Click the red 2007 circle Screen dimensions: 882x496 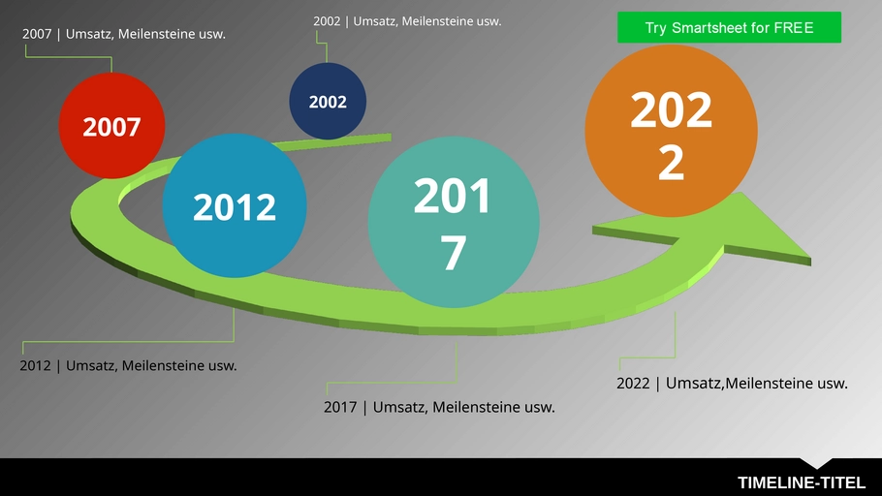pos(111,125)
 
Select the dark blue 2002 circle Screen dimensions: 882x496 pos(328,101)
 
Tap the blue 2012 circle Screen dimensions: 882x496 pos(234,205)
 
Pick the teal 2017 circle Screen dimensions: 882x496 pos(454,222)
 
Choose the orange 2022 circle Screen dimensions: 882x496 pos(671,131)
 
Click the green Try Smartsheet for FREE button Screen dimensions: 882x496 pos(729,27)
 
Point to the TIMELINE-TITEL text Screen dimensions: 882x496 pos(802,482)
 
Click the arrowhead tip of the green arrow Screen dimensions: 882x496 pos(810,260)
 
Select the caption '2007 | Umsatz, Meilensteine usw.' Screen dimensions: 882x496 pos(124,34)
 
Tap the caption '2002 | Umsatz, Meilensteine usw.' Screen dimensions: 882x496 pos(407,21)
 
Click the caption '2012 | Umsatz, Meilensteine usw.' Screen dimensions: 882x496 pos(128,365)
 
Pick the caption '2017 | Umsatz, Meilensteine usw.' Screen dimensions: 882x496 pos(439,407)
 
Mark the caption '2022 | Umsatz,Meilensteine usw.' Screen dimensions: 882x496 pos(732,383)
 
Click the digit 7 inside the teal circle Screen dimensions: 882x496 pos(453,253)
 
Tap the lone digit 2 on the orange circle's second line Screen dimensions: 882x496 pos(671,163)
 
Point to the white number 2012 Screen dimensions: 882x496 pos(235,207)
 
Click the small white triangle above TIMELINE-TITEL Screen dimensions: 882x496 pos(816,463)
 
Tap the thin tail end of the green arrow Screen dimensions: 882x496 pos(390,138)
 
